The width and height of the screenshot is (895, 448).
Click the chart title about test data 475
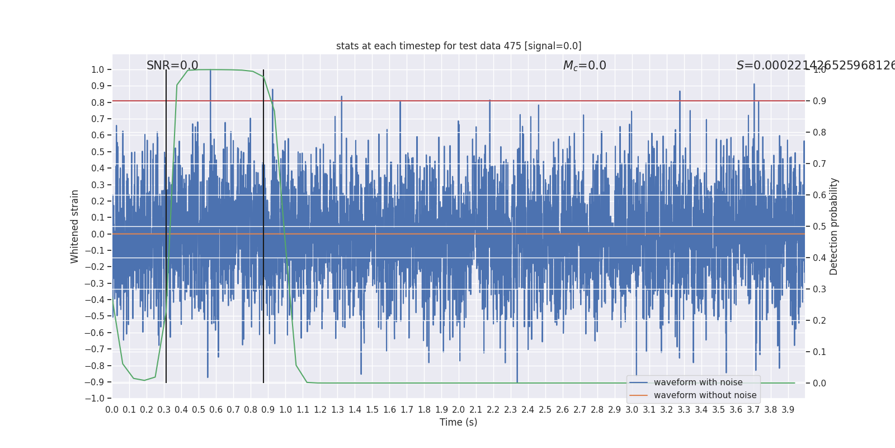[x=459, y=46]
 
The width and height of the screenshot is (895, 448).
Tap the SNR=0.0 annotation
[x=172, y=66]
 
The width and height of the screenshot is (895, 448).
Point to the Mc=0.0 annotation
[x=585, y=66]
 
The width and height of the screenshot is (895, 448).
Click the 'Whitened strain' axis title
[x=75, y=226]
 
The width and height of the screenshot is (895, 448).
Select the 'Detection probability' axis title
[x=834, y=226]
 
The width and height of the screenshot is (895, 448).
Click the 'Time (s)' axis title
[x=459, y=422]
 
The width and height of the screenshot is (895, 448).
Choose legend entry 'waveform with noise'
[x=698, y=382]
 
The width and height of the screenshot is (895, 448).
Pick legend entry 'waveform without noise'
[x=705, y=395]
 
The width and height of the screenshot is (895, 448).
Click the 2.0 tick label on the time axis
[x=459, y=410]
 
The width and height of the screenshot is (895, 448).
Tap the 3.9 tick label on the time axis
[x=788, y=410]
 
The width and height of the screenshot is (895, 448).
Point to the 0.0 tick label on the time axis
[x=112, y=410]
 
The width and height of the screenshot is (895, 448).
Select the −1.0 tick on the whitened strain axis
[x=95, y=399]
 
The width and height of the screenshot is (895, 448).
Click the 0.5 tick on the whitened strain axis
[x=98, y=152]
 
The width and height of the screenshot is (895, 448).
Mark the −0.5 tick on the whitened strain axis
[x=95, y=316]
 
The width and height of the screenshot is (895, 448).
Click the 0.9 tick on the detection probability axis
[x=819, y=101]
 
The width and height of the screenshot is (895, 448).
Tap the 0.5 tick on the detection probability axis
[x=819, y=227]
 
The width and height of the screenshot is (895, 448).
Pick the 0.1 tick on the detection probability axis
[x=819, y=352]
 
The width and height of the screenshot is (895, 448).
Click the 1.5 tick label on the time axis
[x=372, y=410]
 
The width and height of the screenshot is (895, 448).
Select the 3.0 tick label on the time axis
[x=632, y=410]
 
